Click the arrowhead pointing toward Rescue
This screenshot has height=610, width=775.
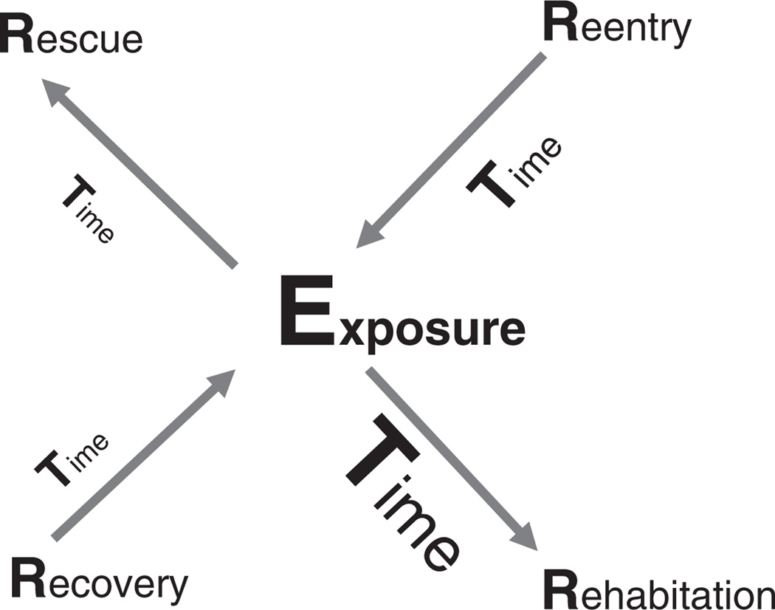click(x=55, y=92)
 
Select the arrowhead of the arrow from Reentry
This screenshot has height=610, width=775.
click(x=369, y=236)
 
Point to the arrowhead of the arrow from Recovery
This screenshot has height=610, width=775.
click(x=221, y=383)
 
